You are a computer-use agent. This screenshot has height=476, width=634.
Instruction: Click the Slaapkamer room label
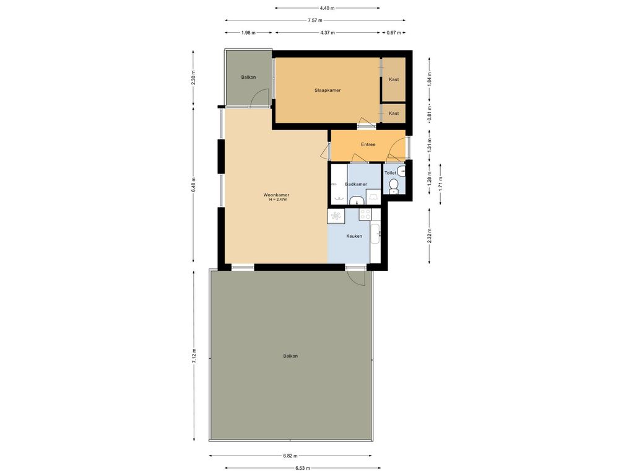click(x=328, y=90)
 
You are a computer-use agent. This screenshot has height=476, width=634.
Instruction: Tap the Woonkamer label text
click(x=276, y=195)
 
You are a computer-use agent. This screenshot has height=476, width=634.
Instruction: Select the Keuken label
click(x=354, y=236)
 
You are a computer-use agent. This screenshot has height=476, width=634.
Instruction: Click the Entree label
click(x=368, y=144)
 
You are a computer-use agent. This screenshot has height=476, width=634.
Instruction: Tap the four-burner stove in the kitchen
click(x=365, y=214)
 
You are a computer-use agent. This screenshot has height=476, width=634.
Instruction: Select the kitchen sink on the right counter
click(x=375, y=233)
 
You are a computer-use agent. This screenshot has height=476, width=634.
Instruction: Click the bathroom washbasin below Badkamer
click(x=357, y=199)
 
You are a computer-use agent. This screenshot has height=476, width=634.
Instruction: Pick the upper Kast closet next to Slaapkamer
click(x=394, y=79)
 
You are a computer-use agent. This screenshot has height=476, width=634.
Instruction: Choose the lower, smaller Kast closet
click(x=394, y=113)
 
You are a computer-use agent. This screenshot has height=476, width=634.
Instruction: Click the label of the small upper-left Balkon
click(x=248, y=77)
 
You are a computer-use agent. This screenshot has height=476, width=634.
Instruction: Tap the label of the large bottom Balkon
click(x=290, y=356)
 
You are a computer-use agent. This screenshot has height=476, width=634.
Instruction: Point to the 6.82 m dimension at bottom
click(x=290, y=456)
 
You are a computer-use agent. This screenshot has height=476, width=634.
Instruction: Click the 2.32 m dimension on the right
click(x=430, y=236)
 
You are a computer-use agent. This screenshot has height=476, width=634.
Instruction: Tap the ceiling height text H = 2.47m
click(x=279, y=200)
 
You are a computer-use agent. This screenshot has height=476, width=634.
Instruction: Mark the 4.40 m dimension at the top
click(x=328, y=8)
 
